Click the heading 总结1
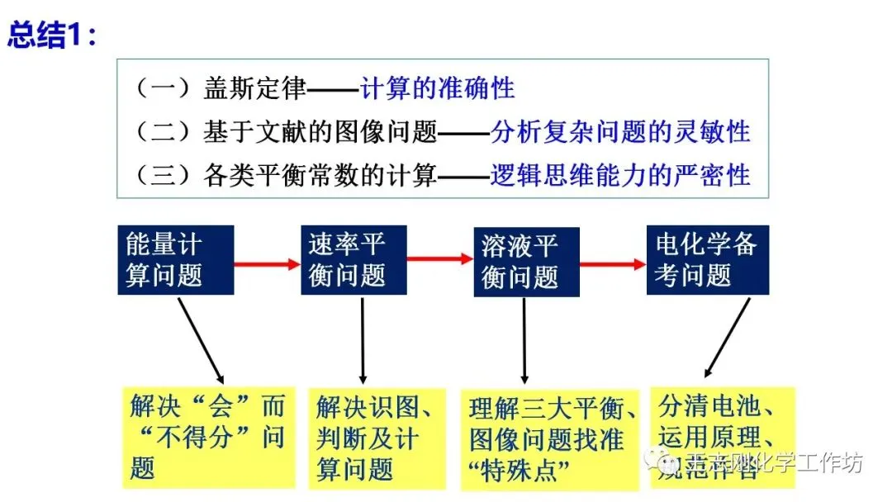click(51, 36)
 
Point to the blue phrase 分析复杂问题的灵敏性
click(620, 131)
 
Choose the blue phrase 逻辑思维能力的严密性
click(620, 174)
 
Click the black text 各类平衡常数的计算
click(320, 175)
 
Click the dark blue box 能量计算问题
click(175, 259)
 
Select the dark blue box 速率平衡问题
click(353, 259)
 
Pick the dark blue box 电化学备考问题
click(707, 259)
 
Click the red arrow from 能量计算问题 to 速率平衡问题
click(266, 264)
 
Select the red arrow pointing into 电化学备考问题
click(612, 264)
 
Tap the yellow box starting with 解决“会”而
click(208, 438)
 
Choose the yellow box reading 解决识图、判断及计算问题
click(377, 438)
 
